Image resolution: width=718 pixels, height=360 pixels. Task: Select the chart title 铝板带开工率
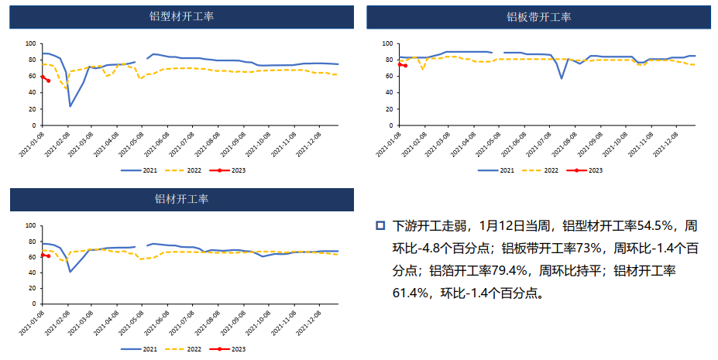click(x=538, y=17)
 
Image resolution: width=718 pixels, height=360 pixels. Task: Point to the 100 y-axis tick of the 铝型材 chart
click(x=31, y=43)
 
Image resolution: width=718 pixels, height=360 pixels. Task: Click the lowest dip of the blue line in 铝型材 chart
click(x=70, y=106)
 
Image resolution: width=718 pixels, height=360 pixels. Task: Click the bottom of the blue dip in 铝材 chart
click(x=70, y=271)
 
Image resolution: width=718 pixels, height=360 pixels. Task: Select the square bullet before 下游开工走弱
click(x=380, y=226)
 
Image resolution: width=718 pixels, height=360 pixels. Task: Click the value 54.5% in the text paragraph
click(x=654, y=226)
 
